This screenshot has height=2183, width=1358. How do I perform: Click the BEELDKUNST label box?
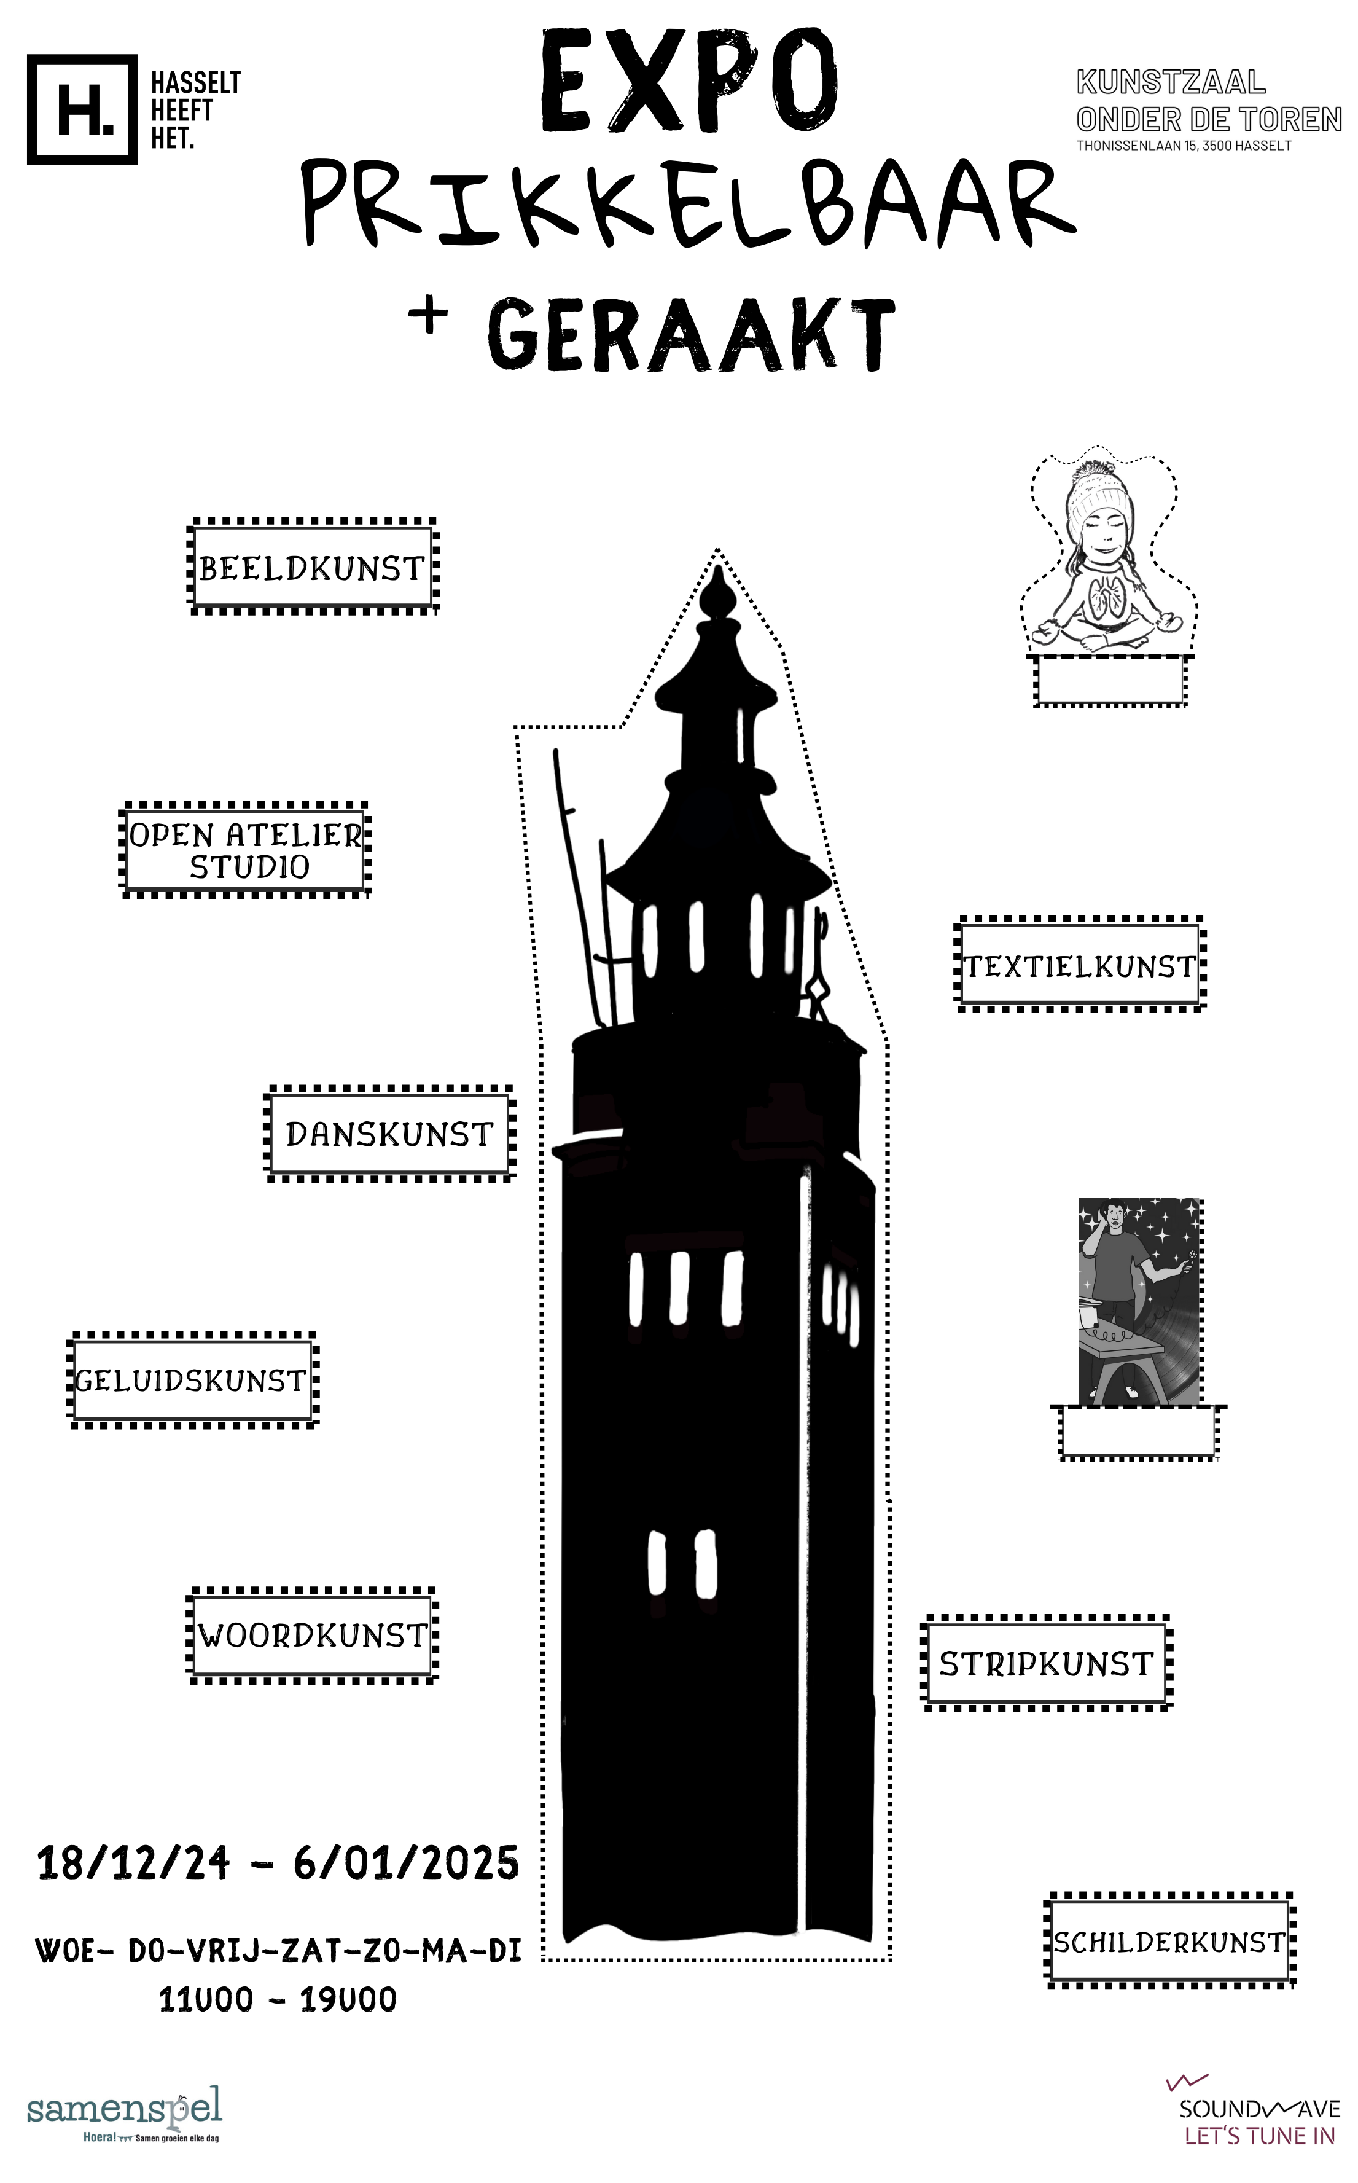click(x=313, y=567)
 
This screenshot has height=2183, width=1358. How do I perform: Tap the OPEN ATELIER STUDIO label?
click(x=244, y=850)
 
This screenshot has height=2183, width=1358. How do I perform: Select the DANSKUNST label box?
click(x=390, y=1134)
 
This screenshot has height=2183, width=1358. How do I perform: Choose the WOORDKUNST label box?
click(x=313, y=1636)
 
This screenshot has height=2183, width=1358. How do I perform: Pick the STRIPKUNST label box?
click(x=1047, y=1664)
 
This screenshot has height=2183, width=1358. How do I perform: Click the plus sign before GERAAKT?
click(x=429, y=315)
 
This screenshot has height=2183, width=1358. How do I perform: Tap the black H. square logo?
click(x=83, y=109)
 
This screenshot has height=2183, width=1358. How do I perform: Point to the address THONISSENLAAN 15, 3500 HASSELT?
click(x=1184, y=146)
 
